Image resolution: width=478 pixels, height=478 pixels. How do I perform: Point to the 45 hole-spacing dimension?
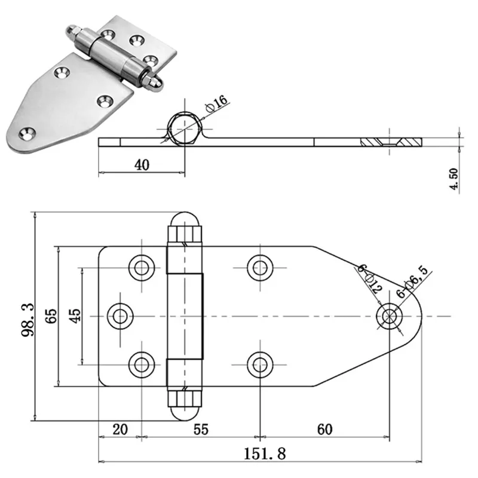click(x=74, y=315)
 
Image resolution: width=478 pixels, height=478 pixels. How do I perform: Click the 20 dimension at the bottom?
click(x=120, y=429)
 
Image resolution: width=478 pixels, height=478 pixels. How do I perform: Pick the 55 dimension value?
click(x=200, y=429)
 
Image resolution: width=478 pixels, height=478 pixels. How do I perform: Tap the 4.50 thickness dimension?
click(x=454, y=179)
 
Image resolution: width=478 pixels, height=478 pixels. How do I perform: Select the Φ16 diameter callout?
click(x=216, y=102)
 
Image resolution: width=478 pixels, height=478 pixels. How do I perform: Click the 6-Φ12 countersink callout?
click(x=369, y=278)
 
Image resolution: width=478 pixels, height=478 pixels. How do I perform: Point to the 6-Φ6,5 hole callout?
click(x=412, y=283)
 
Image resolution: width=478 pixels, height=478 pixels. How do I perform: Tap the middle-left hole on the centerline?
click(x=121, y=315)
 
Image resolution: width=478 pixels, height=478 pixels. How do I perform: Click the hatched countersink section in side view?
click(x=391, y=142)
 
